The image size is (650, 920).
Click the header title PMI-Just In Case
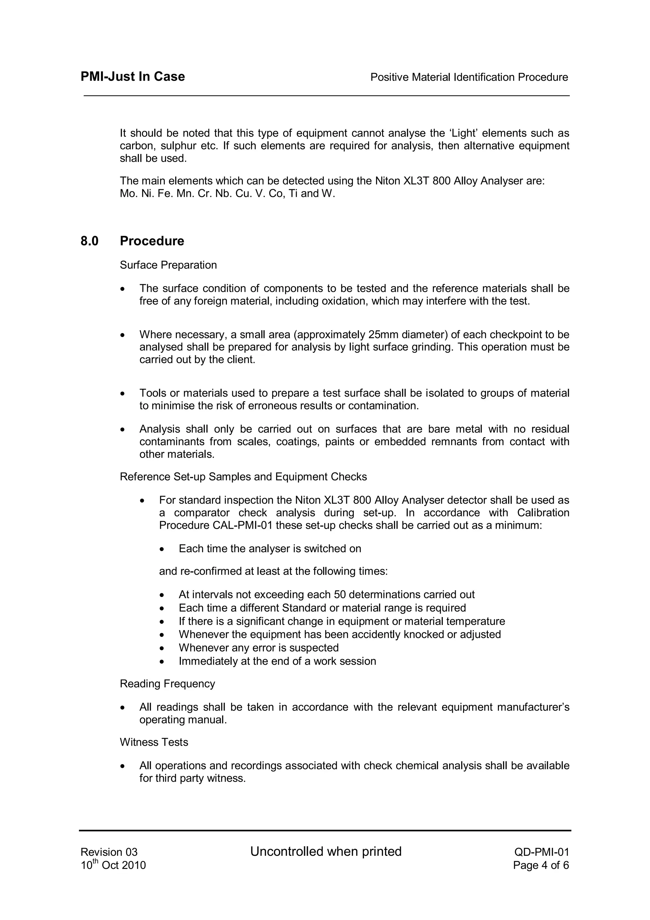[133, 77]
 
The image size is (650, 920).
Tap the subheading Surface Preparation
[168, 265]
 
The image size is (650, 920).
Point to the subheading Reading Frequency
[167, 684]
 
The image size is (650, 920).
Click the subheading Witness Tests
[154, 742]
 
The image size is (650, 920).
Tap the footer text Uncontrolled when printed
[326, 851]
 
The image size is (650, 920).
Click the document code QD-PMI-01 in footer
[541, 852]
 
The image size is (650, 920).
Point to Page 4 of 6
[541, 865]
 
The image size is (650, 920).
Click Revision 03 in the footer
[109, 852]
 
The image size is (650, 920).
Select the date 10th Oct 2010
[113, 865]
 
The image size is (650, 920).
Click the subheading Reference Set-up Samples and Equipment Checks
[243, 476]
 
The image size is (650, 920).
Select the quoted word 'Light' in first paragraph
[463, 133]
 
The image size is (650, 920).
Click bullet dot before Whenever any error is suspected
[162, 648]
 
